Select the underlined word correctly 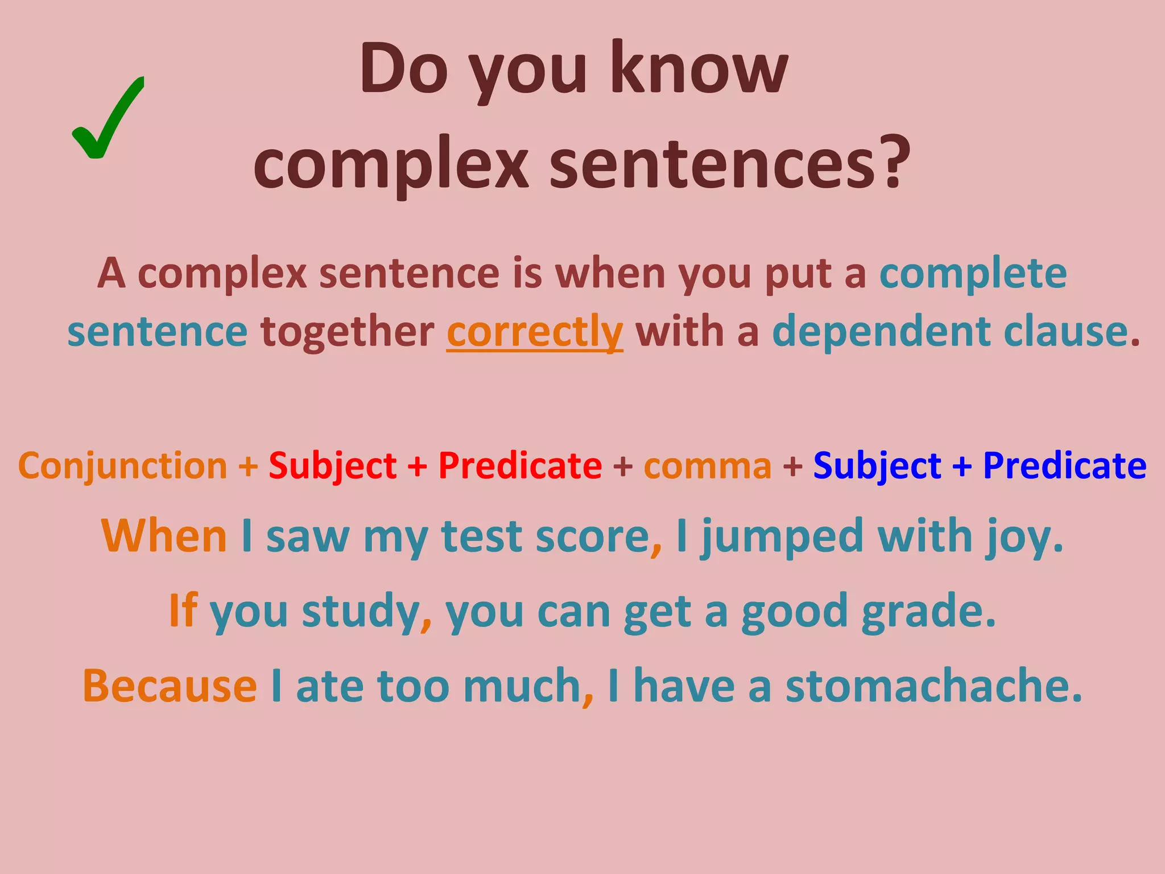pyautogui.click(x=535, y=332)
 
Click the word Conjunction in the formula pyautogui.click(x=123, y=466)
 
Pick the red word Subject pyautogui.click(x=333, y=466)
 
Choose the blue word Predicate pyautogui.click(x=1064, y=466)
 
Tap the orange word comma pyautogui.click(x=708, y=466)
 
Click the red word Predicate pyautogui.click(x=520, y=466)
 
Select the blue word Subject pyautogui.click(x=877, y=466)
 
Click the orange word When pyautogui.click(x=164, y=537)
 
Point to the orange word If pyautogui.click(x=183, y=611)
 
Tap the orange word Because pyautogui.click(x=170, y=686)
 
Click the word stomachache pyautogui.click(x=933, y=686)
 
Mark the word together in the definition pyautogui.click(x=347, y=332)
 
